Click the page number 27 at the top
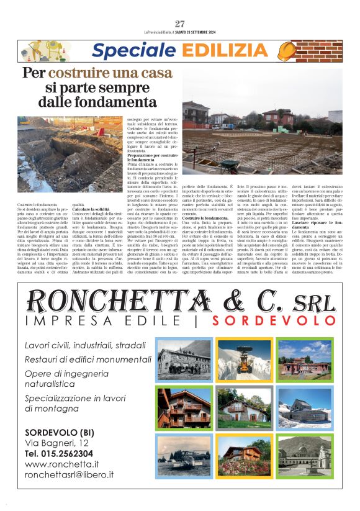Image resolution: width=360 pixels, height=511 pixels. [x=180, y=24]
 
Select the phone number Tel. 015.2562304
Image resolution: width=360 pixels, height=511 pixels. [x=59, y=453]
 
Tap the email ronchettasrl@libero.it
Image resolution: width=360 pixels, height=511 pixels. [x=69, y=474]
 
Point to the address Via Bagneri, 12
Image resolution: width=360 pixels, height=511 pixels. [x=56, y=443]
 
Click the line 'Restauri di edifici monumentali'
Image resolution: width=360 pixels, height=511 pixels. [x=79, y=359]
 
